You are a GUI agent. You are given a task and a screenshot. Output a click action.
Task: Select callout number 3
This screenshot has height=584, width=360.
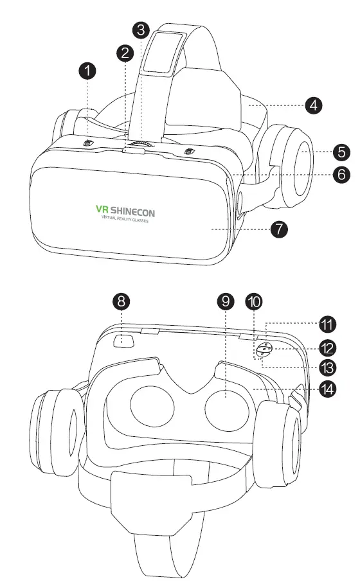pos(141,29)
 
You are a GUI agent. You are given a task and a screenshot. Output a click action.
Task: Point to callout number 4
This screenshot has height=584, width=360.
pos(314,105)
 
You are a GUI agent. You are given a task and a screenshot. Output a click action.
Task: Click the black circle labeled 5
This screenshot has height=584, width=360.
pos(343,152)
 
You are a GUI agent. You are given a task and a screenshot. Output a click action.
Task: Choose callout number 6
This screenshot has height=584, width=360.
pos(343,173)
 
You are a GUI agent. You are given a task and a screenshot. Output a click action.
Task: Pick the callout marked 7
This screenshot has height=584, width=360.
pos(278,229)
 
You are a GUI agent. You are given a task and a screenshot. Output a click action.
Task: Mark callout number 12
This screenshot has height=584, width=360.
pos(328,348)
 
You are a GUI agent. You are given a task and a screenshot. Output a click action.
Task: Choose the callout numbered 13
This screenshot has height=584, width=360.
pos(328,368)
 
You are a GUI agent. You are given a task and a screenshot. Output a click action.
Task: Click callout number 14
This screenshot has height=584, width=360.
pos(328,389)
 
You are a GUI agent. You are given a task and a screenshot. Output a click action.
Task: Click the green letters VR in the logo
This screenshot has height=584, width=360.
pos(102,210)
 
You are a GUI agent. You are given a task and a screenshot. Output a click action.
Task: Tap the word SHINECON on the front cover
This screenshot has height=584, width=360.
pos(134,210)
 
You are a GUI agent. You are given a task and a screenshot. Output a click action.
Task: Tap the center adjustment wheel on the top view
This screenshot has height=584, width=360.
pos(141,145)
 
